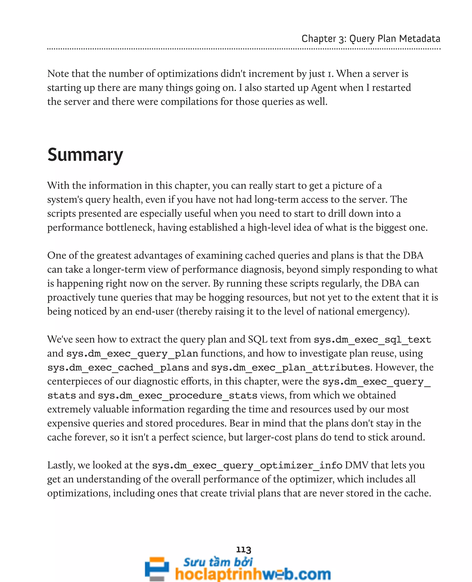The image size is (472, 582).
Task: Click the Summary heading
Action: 85,155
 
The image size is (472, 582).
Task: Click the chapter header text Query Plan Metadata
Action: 395,39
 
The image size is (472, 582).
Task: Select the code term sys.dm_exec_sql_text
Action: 372,340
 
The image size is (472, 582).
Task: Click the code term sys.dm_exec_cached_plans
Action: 118,367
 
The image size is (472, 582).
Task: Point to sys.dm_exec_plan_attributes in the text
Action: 291,367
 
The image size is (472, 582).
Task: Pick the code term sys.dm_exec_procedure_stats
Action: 177,396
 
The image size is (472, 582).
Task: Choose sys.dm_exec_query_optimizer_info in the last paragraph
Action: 247,465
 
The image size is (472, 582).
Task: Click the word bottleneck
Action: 130,228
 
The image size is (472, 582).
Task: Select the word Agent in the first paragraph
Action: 323,88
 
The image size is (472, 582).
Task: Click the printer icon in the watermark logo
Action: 157,569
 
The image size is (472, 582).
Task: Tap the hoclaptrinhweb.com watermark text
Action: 253,574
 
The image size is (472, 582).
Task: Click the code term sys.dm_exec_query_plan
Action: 132,354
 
